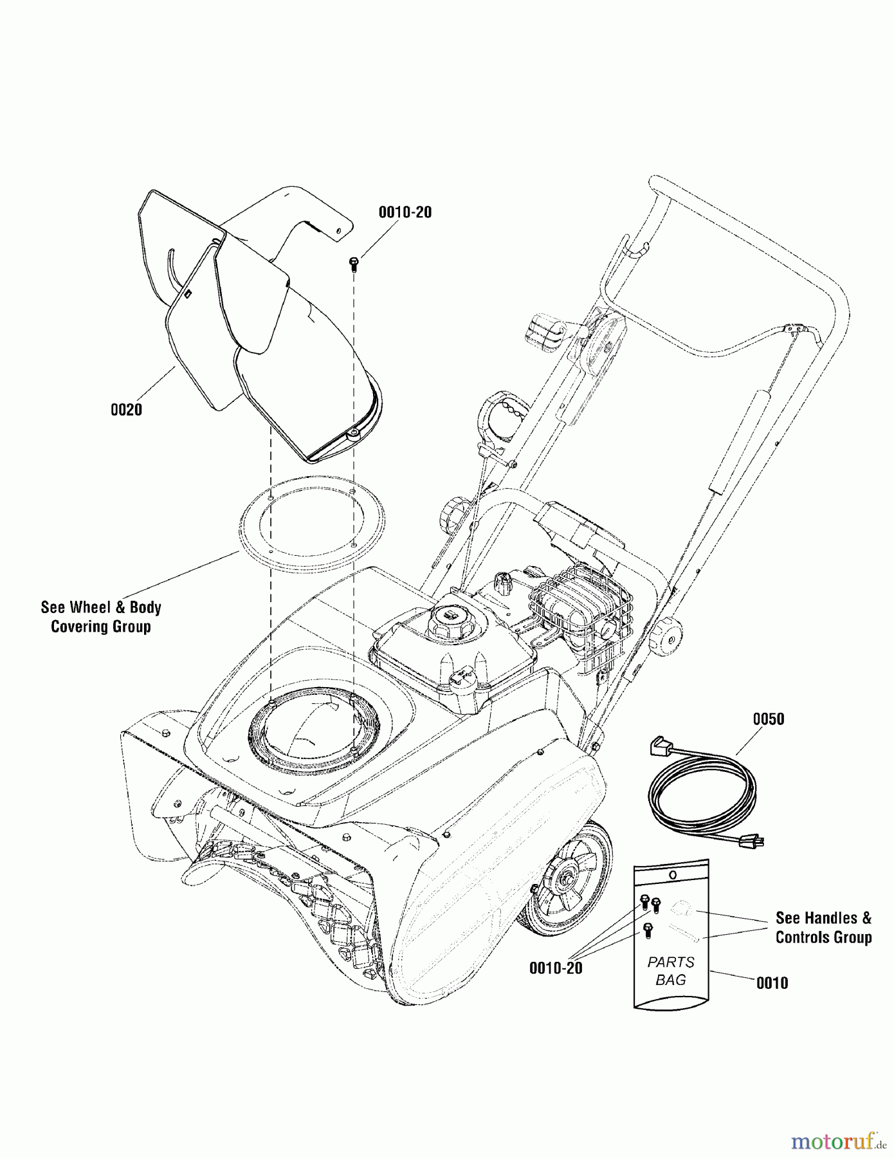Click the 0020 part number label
[126, 410]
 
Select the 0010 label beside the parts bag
[772, 983]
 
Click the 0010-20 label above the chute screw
[405, 212]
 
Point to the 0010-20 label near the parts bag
[555, 968]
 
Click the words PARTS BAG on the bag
[671, 971]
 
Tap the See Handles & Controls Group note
[823, 928]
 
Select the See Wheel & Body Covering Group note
[101, 617]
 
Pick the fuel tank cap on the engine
[448, 621]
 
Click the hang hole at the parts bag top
[672, 875]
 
